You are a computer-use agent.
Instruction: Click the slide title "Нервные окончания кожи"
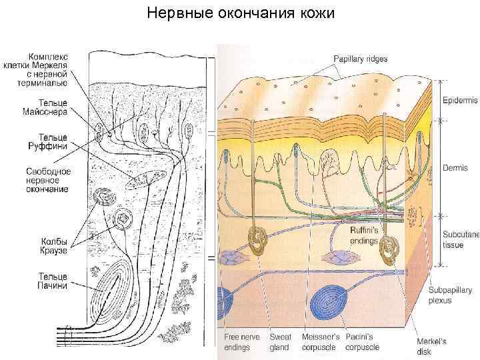240,13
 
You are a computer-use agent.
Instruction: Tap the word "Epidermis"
461,101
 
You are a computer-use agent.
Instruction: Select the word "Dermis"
456,168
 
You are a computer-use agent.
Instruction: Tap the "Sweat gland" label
280,342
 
